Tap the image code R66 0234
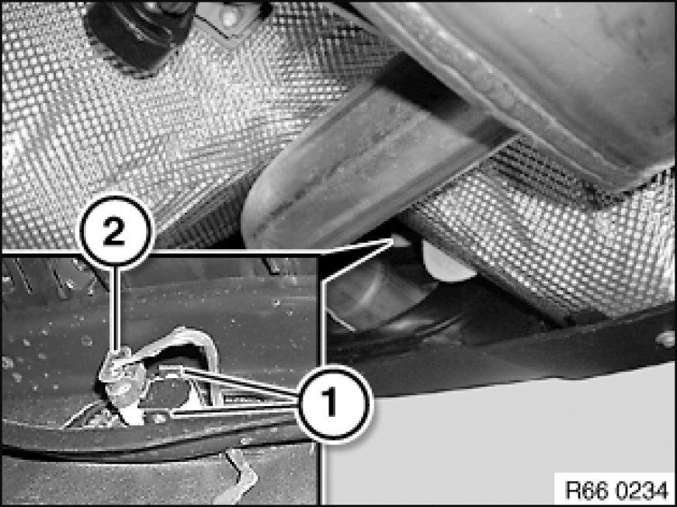(616, 490)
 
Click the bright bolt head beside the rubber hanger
(228, 16)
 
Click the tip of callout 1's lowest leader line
(172, 415)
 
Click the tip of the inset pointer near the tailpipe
(394, 239)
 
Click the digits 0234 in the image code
(642, 490)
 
